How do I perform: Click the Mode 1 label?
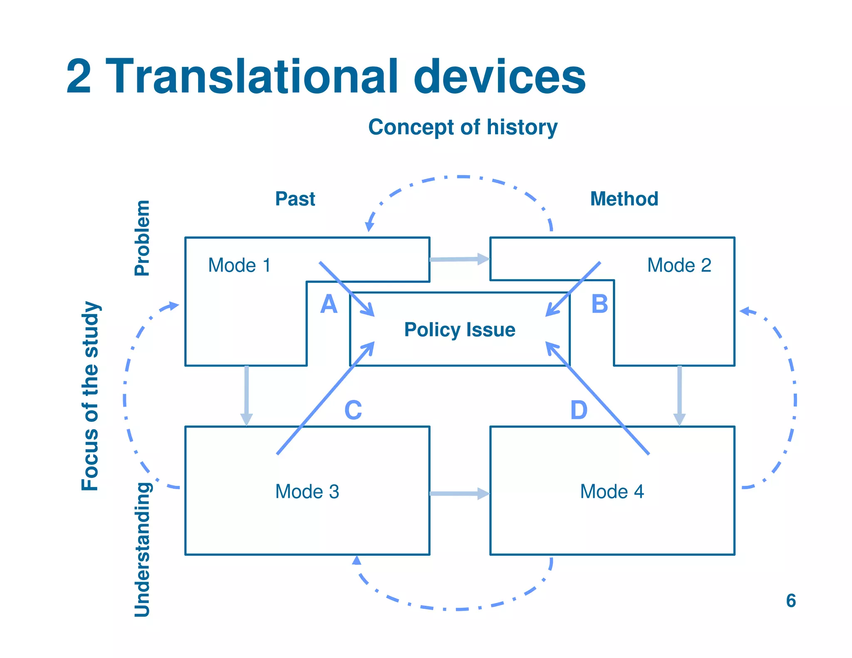click(239, 265)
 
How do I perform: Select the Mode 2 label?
click(679, 265)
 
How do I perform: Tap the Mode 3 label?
click(307, 492)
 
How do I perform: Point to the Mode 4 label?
click(612, 492)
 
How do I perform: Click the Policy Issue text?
click(460, 330)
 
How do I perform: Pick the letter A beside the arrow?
click(329, 304)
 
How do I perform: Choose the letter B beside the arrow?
click(599, 304)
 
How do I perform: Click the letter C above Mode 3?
click(353, 411)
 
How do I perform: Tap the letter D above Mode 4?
click(579, 411)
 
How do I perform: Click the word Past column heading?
click(295, 199)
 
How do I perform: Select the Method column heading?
click(624, 199)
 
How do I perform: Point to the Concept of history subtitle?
click(463, 127)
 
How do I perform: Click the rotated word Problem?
click(142, 238)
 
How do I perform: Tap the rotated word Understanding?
click(142, 549)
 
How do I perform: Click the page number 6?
click(790, 601)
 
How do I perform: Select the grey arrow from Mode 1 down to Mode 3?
click(247, 395)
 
